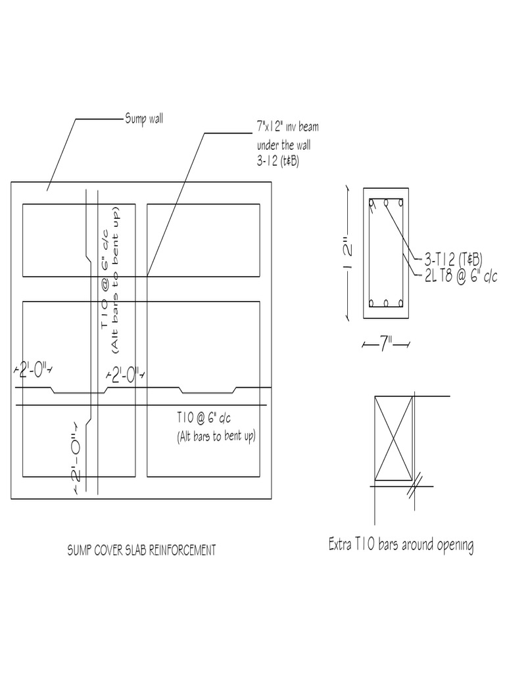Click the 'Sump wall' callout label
(144, 120)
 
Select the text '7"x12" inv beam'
(287, 127)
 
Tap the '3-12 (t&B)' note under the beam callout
(277, 161)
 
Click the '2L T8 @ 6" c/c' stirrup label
(458, 275)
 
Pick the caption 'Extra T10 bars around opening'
(400, 545)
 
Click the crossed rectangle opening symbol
(393, 438)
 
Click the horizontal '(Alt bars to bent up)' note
(215, 436)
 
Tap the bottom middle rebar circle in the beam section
(386, 304)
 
